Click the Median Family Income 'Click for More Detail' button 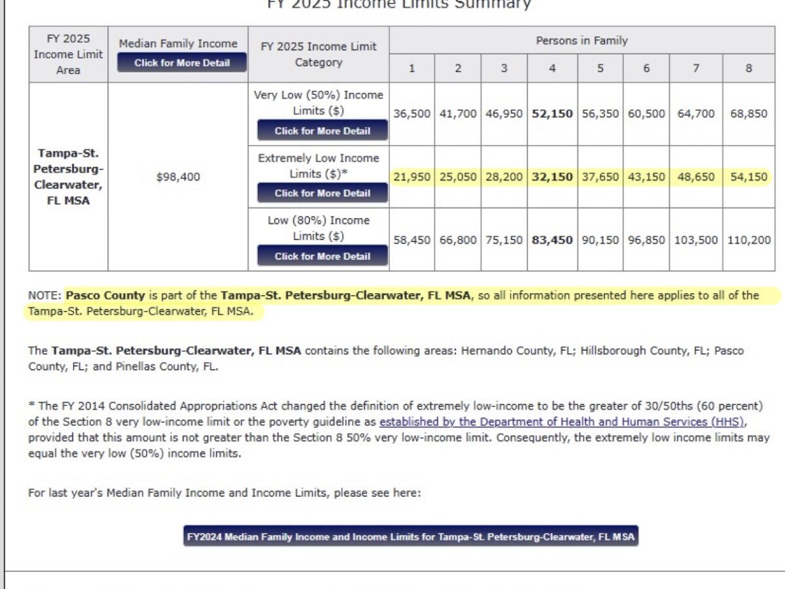(182, 63)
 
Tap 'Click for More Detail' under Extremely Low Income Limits (322, 193)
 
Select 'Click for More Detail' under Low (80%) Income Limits (322, 256)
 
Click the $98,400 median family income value (178, 177)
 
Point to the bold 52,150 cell (552, 113)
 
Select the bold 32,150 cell (552, 177)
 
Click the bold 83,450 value (552, 240)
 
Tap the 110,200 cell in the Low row (748, 240)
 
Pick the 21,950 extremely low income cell (411, 177)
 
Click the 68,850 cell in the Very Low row (748, 113)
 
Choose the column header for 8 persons (748, 67)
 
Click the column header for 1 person (411, 67)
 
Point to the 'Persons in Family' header (582, 41)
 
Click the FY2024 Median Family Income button (410, 537)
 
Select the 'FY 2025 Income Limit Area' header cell (68, 54)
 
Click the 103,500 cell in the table (695, 240)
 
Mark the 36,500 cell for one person (411, 113)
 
